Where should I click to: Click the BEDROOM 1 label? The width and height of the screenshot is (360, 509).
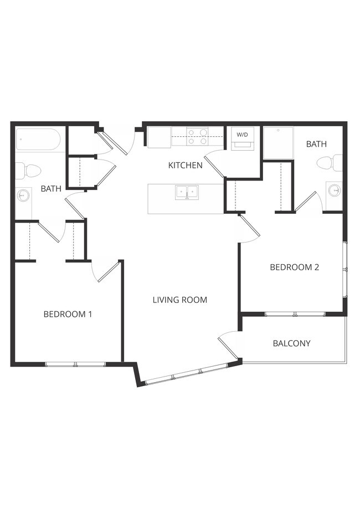click(x=68, y=314)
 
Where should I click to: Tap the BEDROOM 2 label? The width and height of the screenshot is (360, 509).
click(x=294, y=267)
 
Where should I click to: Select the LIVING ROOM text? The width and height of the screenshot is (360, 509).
click(x=180, y=300)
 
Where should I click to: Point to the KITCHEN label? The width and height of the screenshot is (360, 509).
click(x=186, y=165)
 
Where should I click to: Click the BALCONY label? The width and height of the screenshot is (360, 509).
click(x=292, y=343)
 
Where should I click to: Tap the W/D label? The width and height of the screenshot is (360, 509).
click(x=243, y=135)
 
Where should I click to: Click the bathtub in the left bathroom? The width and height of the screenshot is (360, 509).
click(x=38, y=140)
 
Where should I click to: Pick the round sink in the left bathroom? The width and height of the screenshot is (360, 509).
click(x=23, y=195)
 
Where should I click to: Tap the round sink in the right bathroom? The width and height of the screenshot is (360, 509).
click(x=335, y=191)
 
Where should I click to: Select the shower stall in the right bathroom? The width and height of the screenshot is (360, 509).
click(x=278, y=143)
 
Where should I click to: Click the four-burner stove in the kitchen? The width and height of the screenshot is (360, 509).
click(x=197, y=136)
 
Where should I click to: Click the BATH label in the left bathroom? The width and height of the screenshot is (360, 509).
click(x=51, y=189)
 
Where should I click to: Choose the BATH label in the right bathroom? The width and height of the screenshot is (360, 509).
click(x=316, y=144)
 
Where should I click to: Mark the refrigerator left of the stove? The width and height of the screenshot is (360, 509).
click(x=159, y=137)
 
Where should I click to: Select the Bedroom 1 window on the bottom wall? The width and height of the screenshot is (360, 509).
click(x=75, y=364)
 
